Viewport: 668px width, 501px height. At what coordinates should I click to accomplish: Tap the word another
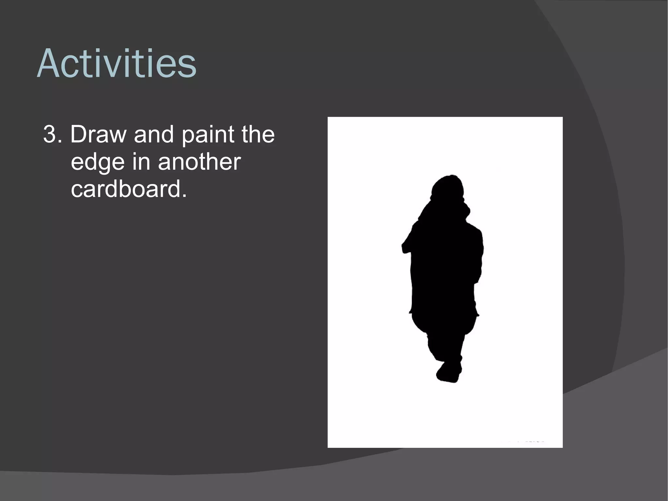coord(199,162)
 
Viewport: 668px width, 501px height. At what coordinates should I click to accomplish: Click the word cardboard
coord(125,189)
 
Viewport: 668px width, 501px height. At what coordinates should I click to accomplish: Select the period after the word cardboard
coord(184,196)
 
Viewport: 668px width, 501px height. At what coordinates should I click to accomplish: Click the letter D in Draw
coord(78,134)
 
